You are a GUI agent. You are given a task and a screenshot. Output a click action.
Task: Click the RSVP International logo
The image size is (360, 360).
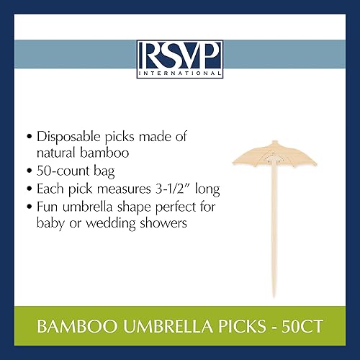pyautogui.click(x=180, y=58)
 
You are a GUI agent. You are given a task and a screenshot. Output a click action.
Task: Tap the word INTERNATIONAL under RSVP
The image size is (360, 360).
pyautogui.click(x=180, y=72)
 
